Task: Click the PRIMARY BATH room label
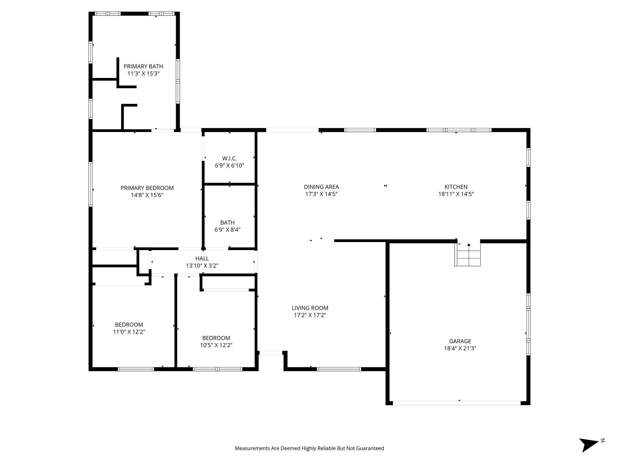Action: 143,66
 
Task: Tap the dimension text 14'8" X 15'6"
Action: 147,195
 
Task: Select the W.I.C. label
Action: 229,158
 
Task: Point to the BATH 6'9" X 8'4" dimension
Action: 227,230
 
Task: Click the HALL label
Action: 202,259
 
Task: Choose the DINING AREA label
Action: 321,187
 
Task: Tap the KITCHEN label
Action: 456,187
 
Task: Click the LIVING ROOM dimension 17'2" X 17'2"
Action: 310,315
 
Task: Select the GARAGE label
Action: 460,341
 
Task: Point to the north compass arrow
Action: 588,452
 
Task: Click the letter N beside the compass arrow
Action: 603,449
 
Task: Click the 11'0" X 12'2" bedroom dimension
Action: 129,332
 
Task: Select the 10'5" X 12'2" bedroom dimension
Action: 216,345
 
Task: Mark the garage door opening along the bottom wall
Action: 456,403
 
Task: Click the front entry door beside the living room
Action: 271,353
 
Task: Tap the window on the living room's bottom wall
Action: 339,369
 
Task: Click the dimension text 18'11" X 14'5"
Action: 456,194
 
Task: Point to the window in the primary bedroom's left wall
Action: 90,184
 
